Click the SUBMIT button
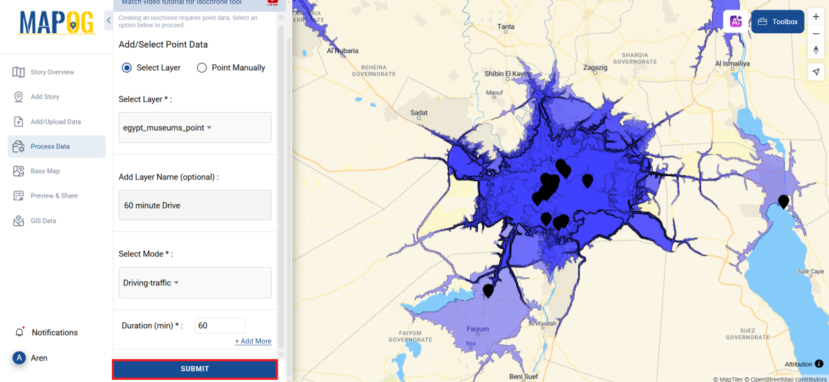click(195, 369)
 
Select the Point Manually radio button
click(202, 68)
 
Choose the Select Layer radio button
click(126, 68)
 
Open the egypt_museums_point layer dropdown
click(195, 128)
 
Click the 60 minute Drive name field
click(195, 205)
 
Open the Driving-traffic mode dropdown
click(195, 283)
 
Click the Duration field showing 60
click(220, 325)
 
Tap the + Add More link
click(253, 341)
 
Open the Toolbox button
click(778, 21)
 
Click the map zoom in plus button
click(816, 17)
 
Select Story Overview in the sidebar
click(52, 73)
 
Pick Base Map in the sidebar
click(45, 171)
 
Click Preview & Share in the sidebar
click(54, 196)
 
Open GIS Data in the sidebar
click(43, 221)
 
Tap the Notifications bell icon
click(19, 332)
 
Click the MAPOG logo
click(57, 23)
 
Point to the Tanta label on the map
click(506, 28)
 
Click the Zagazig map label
click(595, 68)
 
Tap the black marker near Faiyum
click(488, 291)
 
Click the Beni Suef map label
click(523, 376)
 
